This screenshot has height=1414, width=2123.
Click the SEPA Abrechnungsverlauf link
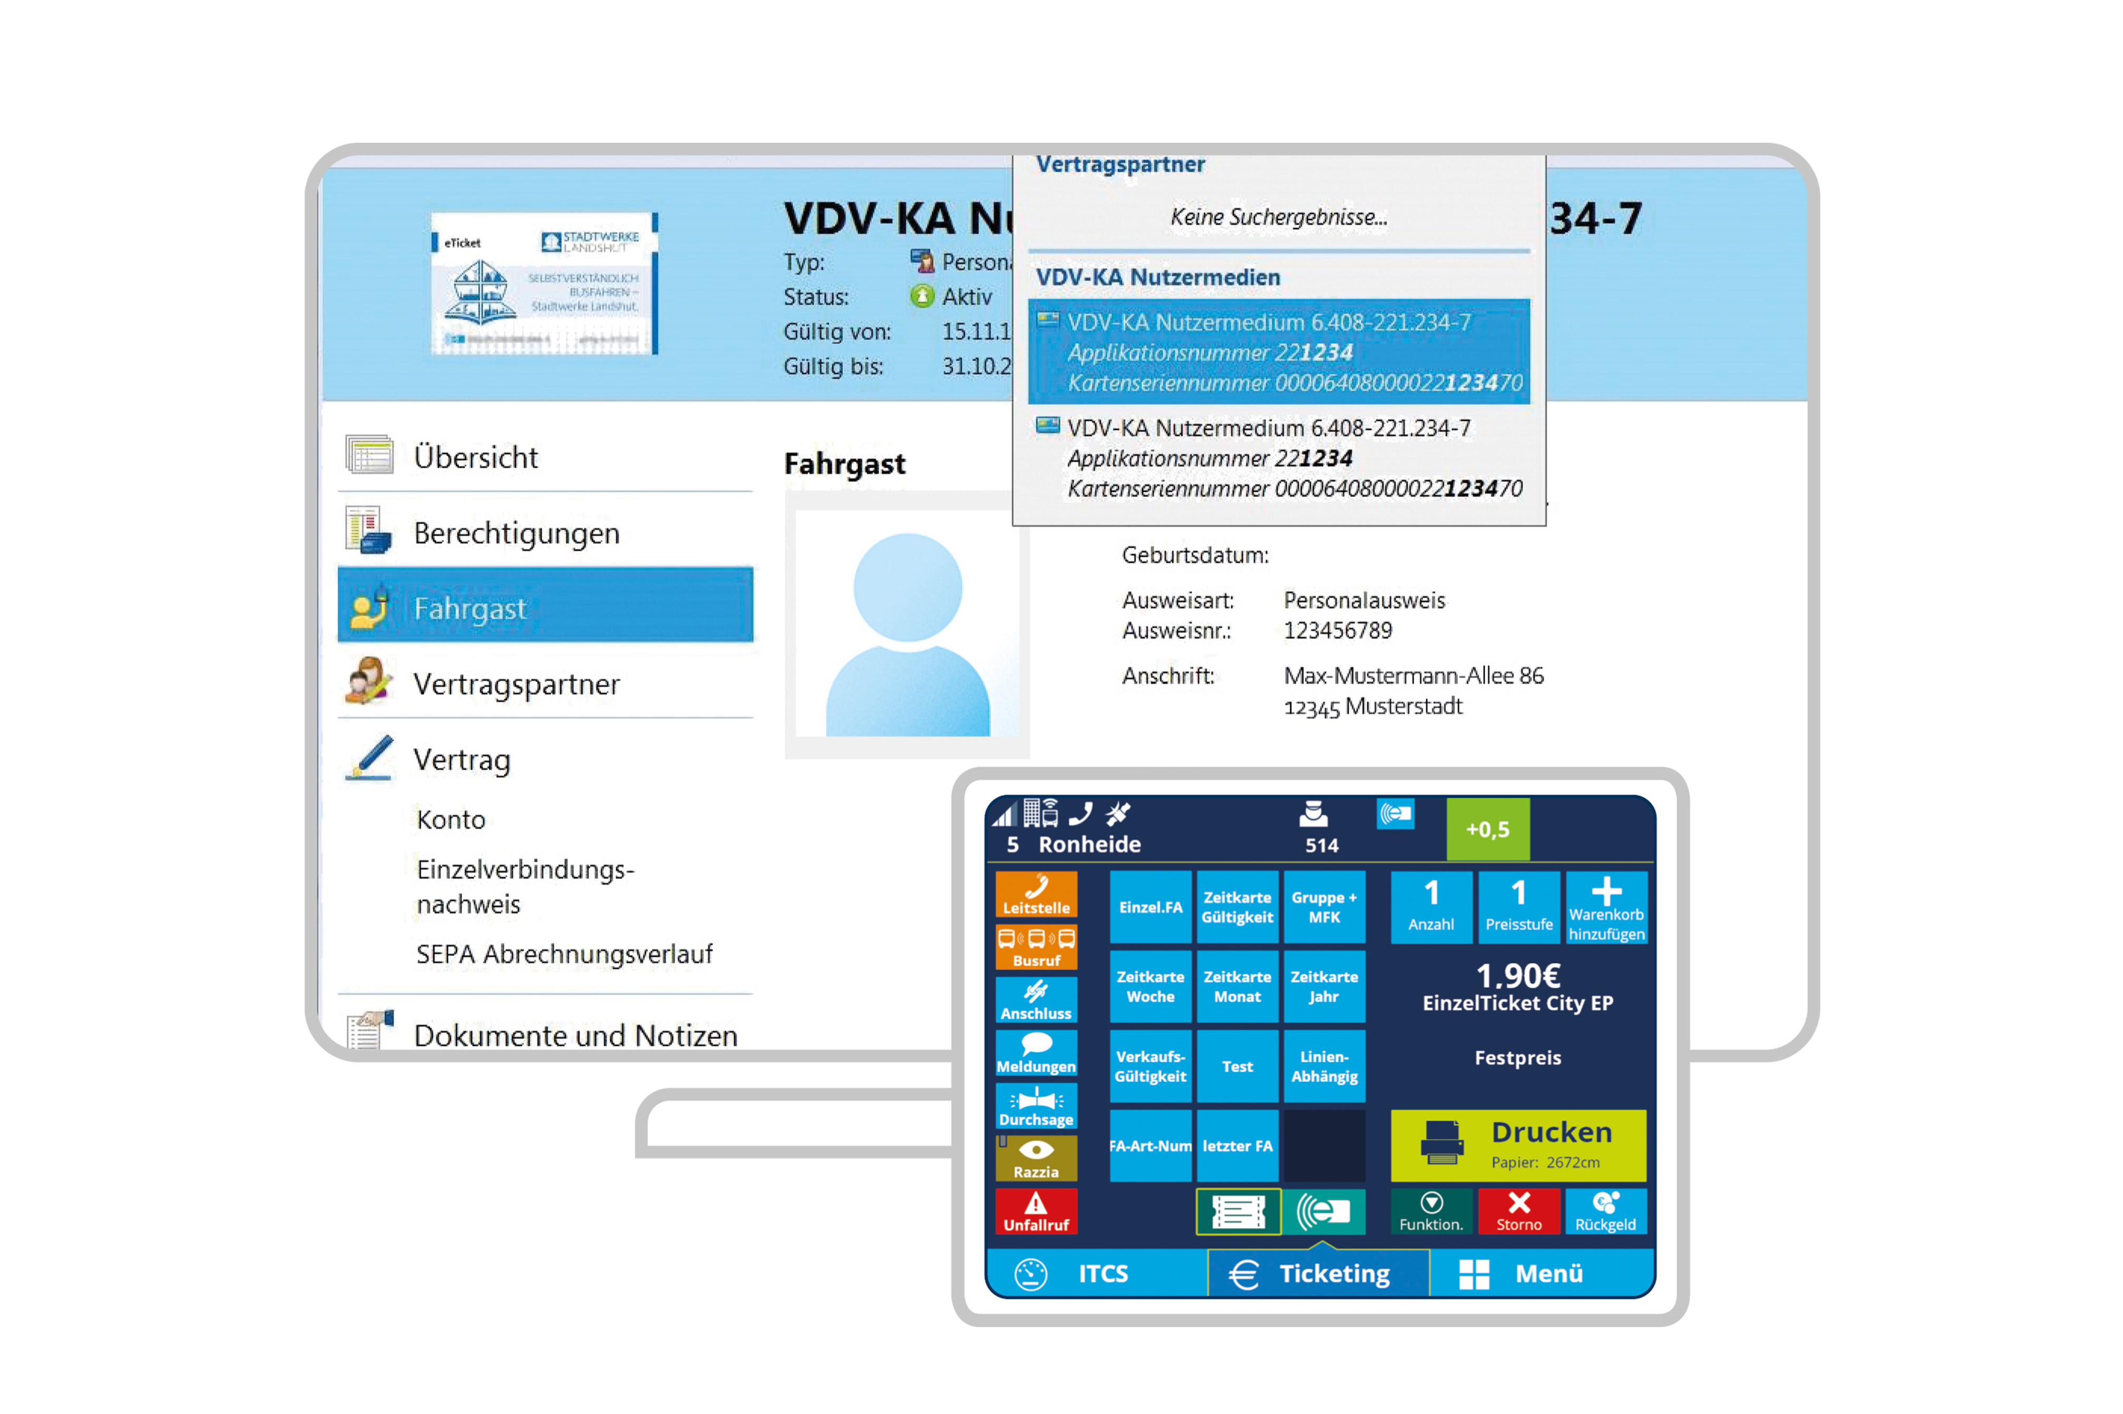tap(564, 954)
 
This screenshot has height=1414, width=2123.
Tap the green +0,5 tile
tap(1487, 829)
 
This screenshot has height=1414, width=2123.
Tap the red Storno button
tap(1518, 1211)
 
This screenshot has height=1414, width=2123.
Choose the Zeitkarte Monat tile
tap(1237, 986)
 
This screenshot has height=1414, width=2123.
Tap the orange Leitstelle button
tap(1036, 895)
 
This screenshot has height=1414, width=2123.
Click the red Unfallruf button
tap(1036, 1211)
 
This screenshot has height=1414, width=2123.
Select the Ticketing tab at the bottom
tap(1317, 1273)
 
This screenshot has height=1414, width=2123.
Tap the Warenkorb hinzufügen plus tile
tap(1606, 907)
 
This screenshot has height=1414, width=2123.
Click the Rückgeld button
tap(1605, 1211)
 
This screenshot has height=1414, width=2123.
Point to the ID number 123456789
tap(1337, 630)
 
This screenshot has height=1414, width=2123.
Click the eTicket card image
tap(544, 284)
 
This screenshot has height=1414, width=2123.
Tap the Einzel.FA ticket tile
tap(1151, 907)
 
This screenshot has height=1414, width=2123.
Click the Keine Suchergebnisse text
tap(1279, 217)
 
